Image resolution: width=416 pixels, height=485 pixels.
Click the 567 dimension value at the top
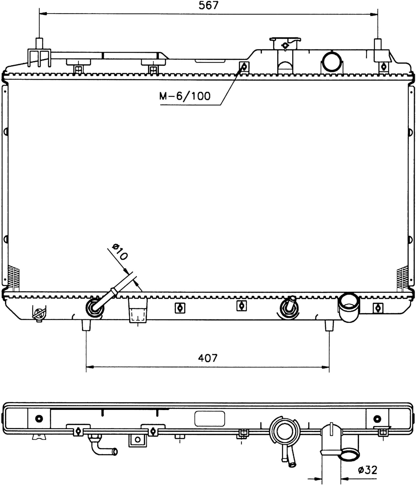point(208,5)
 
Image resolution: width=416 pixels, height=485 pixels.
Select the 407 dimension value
point(208,358)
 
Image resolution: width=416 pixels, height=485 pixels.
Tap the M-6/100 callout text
point(185,96)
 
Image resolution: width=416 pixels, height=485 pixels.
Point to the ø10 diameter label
point(120,252)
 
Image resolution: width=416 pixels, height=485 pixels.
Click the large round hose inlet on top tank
point(332,61)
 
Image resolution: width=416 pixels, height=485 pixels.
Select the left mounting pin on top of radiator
point(39,43)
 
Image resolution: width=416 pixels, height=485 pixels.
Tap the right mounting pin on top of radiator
point(378,44)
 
